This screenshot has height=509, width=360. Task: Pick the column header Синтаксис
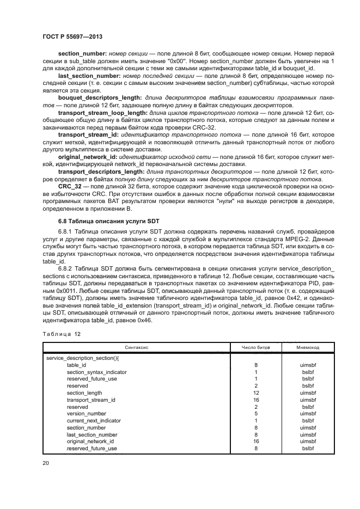pos(137,346)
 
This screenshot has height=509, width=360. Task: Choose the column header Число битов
pos(256,346)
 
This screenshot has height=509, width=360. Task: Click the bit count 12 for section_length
pos(256,393)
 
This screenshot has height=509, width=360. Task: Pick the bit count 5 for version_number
pos(256,413)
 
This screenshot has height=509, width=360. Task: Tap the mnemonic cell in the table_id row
pos(308,365)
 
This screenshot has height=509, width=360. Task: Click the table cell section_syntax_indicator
pos(96,372)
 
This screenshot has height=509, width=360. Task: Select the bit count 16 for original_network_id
pos(256,441)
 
